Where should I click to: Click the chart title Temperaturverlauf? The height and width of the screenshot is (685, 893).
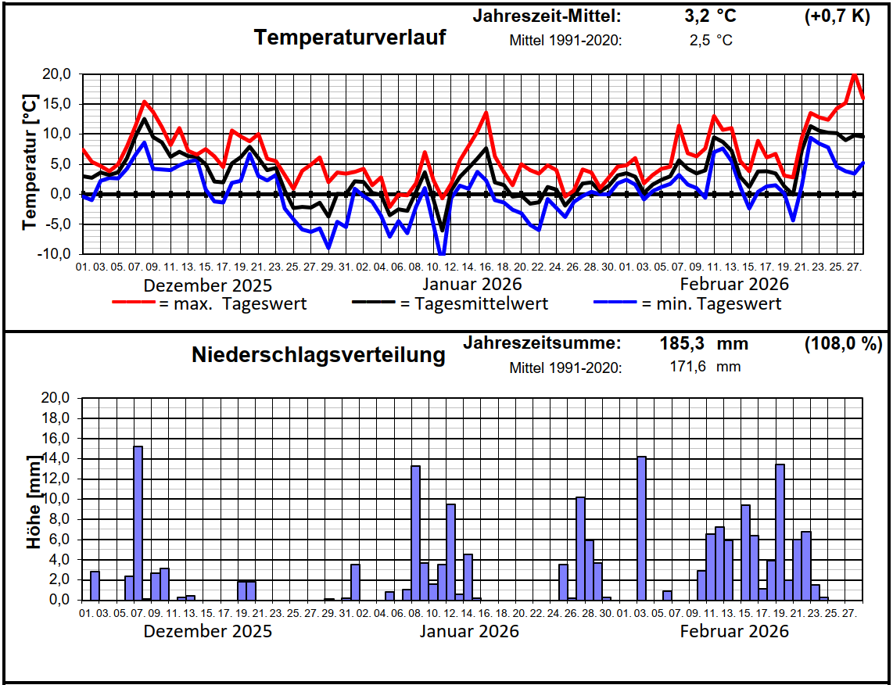[x=350, y=37]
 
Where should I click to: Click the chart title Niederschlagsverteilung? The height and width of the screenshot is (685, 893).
[x=318, y=355]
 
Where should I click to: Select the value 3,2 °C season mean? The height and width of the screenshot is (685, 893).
[x=706, y=16]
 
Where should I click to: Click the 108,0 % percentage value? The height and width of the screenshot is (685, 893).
[x=843, y=343]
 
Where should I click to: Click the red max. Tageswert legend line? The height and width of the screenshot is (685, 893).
[x=134, y=303]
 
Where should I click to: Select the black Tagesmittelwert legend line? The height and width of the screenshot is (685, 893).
[x=375, y=303]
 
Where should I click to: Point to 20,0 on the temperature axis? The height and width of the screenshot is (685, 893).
[x=56, y=74]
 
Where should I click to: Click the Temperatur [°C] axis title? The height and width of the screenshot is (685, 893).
[x=30, y=163]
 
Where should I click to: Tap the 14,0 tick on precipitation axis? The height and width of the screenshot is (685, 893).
[x=56, y=458]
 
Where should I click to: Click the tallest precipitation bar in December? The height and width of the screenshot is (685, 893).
[x=138, y=522]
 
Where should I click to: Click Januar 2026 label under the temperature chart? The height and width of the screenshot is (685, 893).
[x=472, y=284]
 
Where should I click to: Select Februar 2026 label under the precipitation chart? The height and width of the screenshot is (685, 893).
[x=734, y=631]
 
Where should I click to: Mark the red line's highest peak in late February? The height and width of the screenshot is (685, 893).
[x=855, y=74]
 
